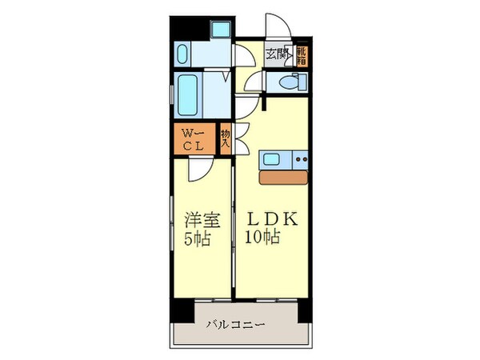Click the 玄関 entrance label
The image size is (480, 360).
click(277, 54)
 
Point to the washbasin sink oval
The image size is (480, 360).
click(181, 55)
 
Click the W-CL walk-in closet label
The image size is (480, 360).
click(190, 140)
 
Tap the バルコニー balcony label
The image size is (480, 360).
click(236, 323)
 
